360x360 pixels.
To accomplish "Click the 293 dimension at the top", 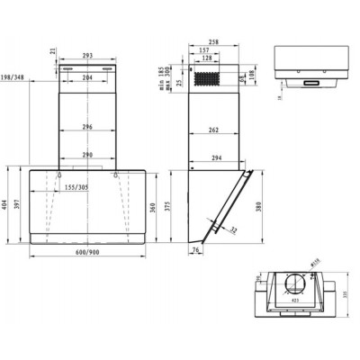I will tap(87, 57).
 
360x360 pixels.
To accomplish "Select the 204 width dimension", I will tap(87, 78).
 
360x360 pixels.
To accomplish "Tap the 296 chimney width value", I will tap(87, 126).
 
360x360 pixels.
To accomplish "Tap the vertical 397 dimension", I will tap(17, 206).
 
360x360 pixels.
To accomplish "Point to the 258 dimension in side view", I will tap(212, 42).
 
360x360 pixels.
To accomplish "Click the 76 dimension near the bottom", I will tap(196, 251).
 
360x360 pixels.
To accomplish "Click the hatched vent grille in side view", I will tap(215, 79).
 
